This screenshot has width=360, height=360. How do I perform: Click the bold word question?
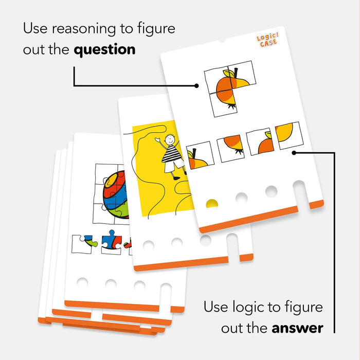105,50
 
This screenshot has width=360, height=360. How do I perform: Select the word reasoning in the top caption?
84,29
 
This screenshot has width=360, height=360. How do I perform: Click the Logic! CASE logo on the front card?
267,41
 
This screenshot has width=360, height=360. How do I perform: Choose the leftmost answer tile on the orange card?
200,156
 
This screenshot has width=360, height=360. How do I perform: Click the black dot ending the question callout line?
197,86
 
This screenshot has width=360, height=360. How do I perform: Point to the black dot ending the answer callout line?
294,152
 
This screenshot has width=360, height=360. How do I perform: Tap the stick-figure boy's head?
168,140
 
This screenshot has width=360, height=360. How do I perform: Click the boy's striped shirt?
170,154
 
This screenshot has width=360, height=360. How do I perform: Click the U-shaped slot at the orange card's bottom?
299,194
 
